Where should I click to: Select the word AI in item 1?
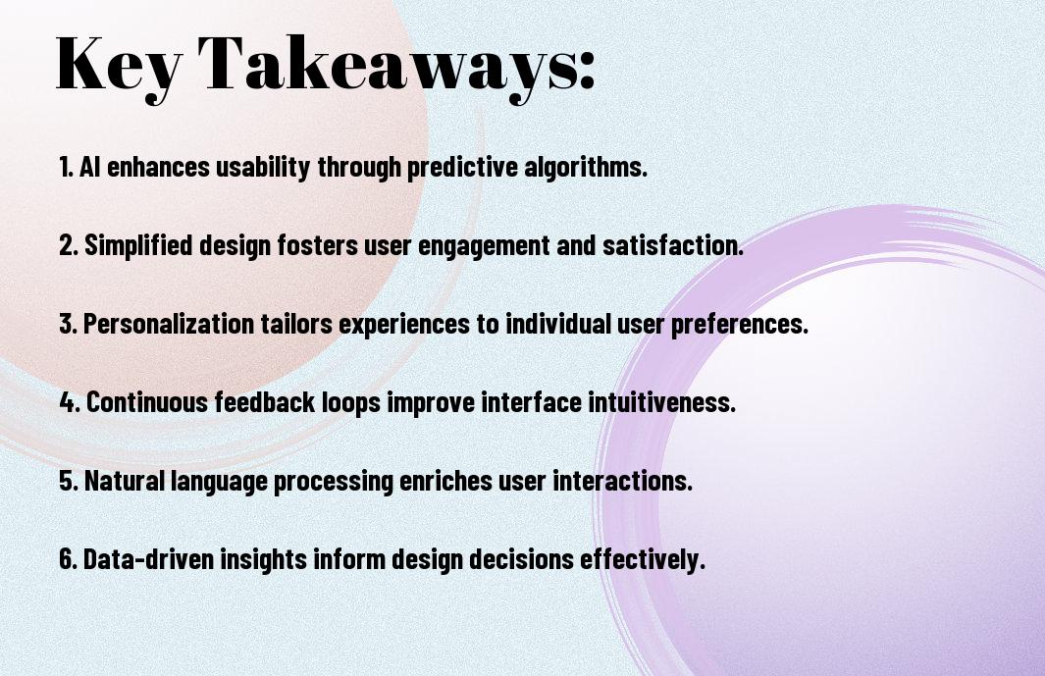coord(90,167)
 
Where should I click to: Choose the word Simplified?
coord(138,245)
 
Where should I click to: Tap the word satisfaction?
coord(673,245)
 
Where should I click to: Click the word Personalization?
coord(169,324)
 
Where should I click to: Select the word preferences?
coord(739,325)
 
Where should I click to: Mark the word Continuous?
coord(147,402)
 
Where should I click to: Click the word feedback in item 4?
coord(265,402)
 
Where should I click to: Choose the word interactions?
coord(623,481)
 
